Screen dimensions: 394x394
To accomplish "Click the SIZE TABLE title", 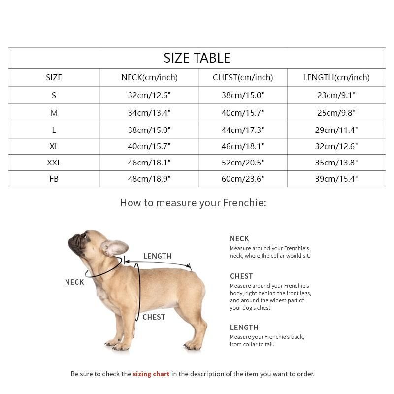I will pos(197,58).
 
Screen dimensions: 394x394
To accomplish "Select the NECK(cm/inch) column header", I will pos(149,77).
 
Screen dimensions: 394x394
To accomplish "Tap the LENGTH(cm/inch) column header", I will pos(336,77).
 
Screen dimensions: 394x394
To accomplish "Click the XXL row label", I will pos(54,163).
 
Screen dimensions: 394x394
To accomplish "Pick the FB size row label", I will pos(54,179).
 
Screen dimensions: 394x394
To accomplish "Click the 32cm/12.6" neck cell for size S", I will pos(149,95).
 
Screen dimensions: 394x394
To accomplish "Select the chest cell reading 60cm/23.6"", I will pos(243,179).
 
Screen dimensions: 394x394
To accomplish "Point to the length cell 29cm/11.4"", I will pos(336,130).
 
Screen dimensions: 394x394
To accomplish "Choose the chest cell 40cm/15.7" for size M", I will pos(243,113).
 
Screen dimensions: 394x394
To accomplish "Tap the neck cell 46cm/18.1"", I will pos(149,163).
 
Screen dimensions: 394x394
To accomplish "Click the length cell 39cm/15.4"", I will pos(336,179).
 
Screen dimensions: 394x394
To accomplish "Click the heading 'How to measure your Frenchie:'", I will pos(193,202).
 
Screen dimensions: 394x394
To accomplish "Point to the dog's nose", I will pos(71,240).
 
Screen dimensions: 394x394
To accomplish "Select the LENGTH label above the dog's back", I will pos(157,256).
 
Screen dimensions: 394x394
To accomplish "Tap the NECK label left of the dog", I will pos(74,282).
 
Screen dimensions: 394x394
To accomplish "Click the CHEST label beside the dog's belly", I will pos(154,317).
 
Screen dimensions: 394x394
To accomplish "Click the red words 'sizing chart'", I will pos(151,374).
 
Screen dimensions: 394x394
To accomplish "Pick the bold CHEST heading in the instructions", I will pos(241,276).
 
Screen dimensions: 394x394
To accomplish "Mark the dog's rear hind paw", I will pos(193,345).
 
